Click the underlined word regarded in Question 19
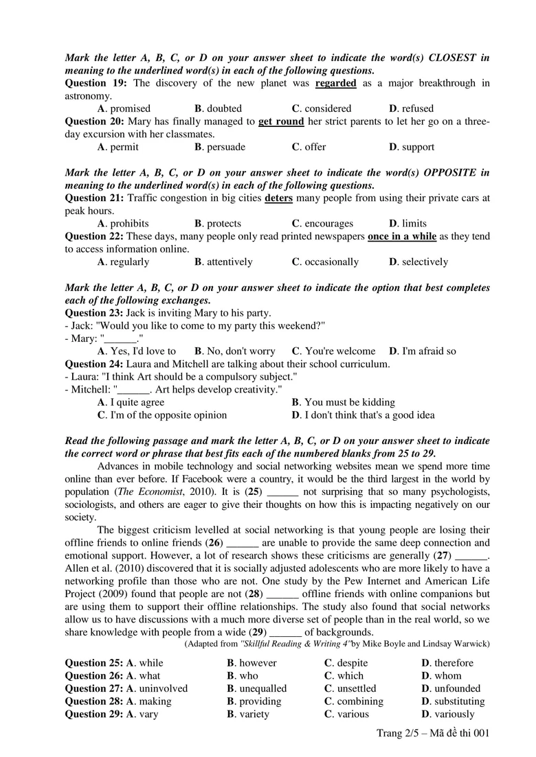[335, 83]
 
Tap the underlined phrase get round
[281, 121]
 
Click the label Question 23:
[94, 313]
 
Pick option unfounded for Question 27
[457, 688]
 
